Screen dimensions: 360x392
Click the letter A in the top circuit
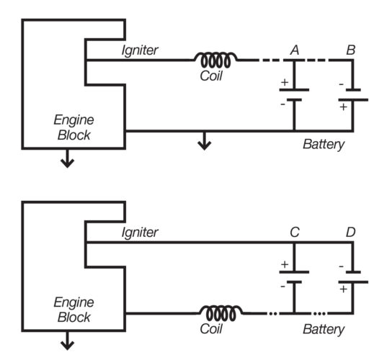(x=294, y=50)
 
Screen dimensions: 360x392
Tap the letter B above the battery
(x=351, y=50)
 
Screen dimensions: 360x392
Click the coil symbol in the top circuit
(x=215, y=60)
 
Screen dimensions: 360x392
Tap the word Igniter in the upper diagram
(x=140, y=50)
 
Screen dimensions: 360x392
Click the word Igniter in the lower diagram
(x=140, y=232)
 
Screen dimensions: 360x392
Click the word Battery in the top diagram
(x=324, y=145)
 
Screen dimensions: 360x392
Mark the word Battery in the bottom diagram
(x=324, y=329)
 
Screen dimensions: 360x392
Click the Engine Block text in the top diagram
(x=74, y=127)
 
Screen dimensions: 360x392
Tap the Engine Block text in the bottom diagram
(x=74, y=310)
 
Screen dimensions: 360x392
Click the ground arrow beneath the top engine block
(x=67, y=159)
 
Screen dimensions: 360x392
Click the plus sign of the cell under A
(x=284, y=82)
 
